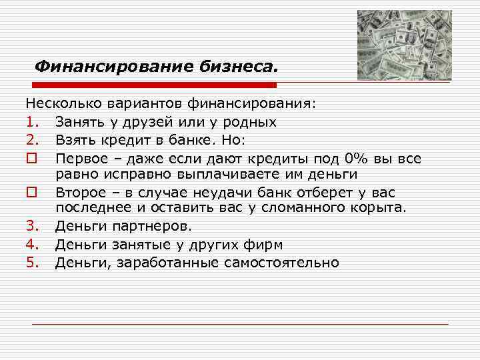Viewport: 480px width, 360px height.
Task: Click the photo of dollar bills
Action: (x=404, y=45)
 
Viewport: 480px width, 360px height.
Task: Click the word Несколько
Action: (x=58, y=105)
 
